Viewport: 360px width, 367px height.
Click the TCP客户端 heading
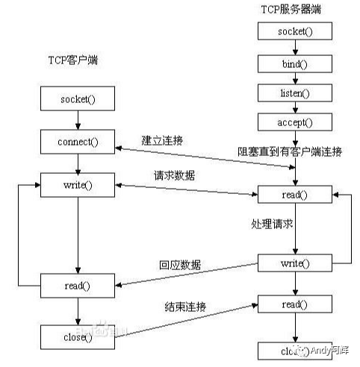point(72,60)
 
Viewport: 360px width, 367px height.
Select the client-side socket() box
point(77,98)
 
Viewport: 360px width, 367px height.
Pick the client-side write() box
point(77,183)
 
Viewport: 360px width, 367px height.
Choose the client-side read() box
point(77,284)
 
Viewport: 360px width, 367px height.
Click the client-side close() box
point(77,336)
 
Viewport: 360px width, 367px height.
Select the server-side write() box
point(296,263)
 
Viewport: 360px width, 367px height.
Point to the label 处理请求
point(271,224)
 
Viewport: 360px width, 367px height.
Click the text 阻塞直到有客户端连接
point(290,151)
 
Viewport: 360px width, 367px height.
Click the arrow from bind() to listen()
point(296,78)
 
